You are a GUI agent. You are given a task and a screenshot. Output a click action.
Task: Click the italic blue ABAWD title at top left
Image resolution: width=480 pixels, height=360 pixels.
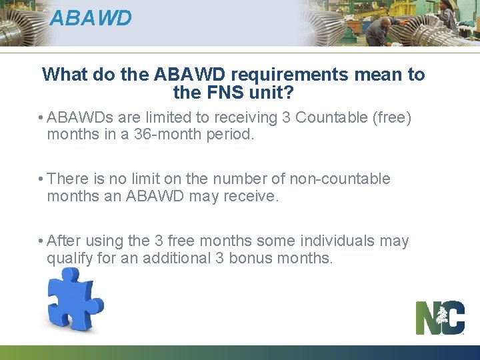click(91, 18)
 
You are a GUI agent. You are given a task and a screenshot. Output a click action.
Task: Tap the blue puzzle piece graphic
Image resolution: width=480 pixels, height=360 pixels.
click(73, 299)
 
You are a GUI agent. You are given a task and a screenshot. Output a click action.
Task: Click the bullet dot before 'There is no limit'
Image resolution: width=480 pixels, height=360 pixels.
click(41, 179)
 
